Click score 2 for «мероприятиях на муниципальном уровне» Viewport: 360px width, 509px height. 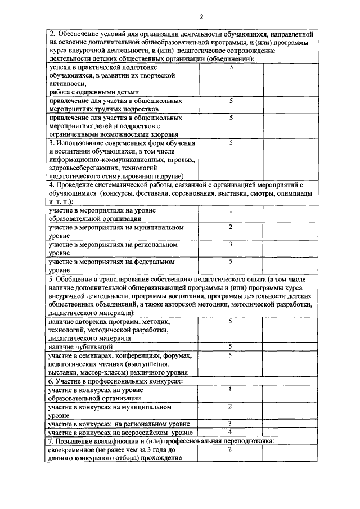pyautogui.click(x=231, y=227)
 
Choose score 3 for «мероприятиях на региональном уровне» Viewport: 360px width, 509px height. pyautogui.click(x=231, y=244)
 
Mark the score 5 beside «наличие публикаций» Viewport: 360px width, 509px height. pyautogui.click(x=231, y=347)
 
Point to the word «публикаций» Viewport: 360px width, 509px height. pyautogui.click(x=96, y=348)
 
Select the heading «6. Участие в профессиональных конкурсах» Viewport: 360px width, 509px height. pyautogui.click(x=116, y=381)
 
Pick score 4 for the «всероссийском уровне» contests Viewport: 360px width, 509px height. pyautogui.click(x=231, y=432)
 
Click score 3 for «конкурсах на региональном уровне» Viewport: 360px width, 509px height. pyautogui.click(x=231, y=423)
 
